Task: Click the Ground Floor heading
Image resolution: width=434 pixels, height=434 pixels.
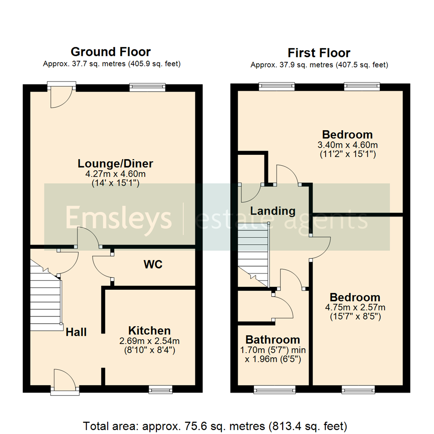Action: point(111,52)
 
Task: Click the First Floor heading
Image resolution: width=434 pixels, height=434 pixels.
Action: point(319,53)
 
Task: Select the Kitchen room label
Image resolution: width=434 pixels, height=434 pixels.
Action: point(149,331)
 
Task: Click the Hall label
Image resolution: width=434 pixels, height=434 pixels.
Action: point(76,332)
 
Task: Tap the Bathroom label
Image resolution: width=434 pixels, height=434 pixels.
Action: point(273,339)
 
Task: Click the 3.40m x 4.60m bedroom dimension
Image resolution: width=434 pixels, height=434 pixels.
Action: point(347,145)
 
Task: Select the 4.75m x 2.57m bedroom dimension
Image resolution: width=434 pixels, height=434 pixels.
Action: point(355,308)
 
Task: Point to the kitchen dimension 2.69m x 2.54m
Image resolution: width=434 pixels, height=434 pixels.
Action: point(149,341)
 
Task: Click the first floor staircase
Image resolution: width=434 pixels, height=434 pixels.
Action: point(253,253)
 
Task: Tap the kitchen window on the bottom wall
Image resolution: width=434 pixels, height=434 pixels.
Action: point(160,389)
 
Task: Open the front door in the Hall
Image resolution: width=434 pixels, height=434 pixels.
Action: point(65,384)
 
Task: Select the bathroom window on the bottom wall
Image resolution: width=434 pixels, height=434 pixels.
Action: point(274,389)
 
